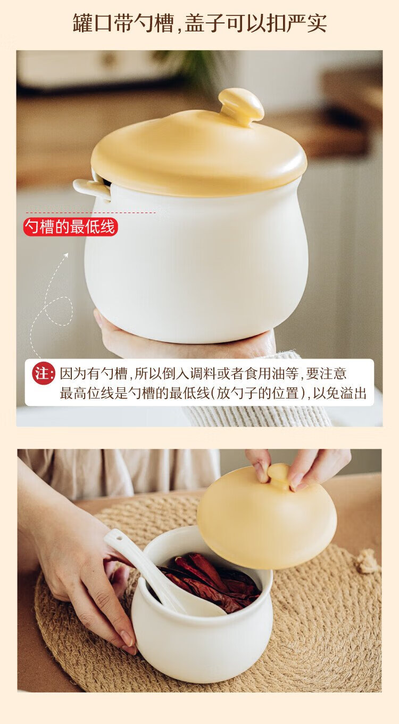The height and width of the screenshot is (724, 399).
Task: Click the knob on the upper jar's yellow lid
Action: point(241,106)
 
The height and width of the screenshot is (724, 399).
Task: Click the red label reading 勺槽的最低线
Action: point(70,226)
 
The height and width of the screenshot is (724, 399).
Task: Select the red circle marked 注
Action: point(44,374)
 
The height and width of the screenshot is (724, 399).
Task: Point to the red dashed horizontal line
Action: point(91,213)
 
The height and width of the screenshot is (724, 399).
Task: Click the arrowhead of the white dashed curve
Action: point(66,255)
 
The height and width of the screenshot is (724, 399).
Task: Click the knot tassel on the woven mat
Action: point(366,562)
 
